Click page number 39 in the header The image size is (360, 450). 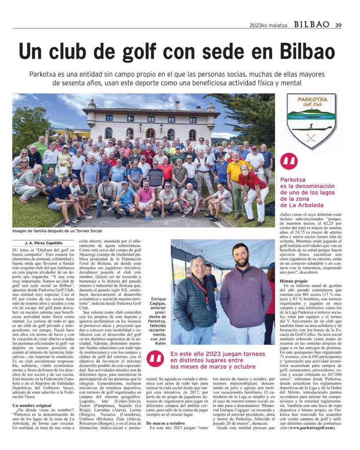(338, 25)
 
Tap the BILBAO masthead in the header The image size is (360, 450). (311, 25)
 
